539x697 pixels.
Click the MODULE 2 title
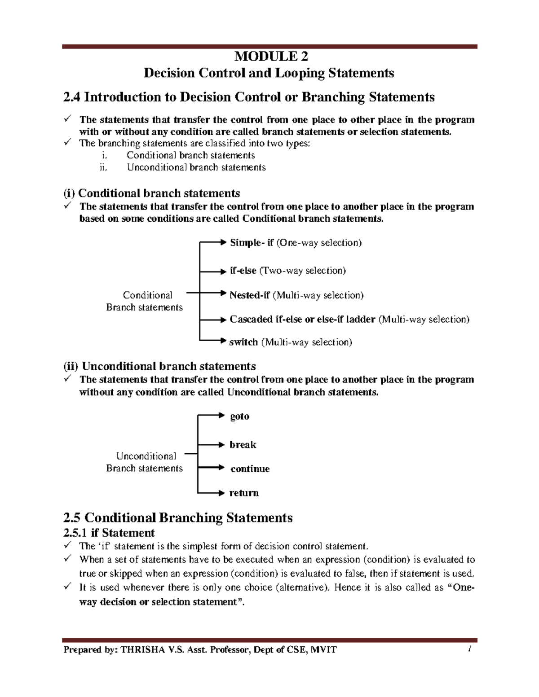pos(271,57)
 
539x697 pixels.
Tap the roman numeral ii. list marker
pos(103,167)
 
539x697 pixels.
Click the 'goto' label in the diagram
pos(239,416)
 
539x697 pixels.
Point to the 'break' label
pos(243,445)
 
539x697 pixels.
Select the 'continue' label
pos(250,469)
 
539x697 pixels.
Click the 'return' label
pos(244,493)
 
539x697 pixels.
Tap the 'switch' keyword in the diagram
pos(243,342)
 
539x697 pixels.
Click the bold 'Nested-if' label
pos(249,295)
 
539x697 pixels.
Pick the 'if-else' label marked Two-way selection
pos(243,271)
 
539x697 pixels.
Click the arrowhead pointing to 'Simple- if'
pos(223,242)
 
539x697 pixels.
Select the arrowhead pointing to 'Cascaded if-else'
pos(223,320)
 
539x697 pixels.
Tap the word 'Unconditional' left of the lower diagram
pos(146,456)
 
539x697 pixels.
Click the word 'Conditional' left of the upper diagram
pos(147,295)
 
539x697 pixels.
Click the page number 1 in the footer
pos(469,649)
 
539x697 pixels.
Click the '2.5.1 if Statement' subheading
pos(109,533)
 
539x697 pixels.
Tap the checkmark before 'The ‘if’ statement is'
pos(67,545)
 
